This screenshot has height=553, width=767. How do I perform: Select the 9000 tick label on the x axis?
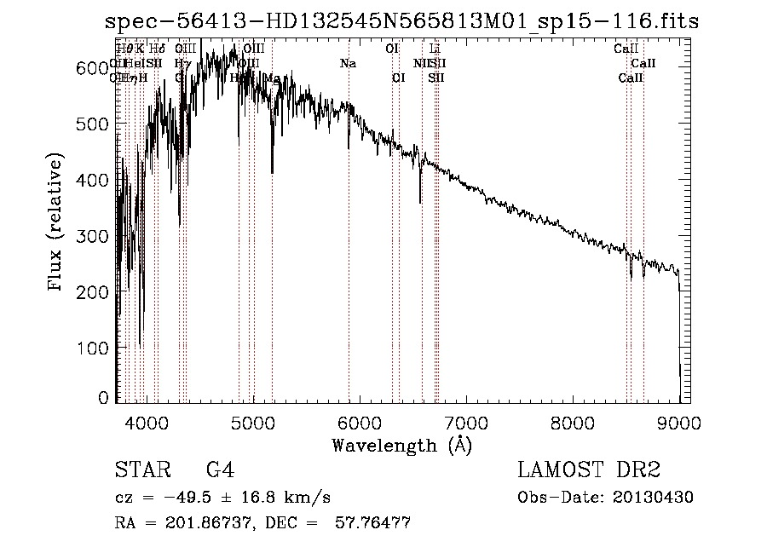click(x=679, y=422)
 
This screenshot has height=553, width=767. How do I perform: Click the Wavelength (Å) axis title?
click(x=401, y=445)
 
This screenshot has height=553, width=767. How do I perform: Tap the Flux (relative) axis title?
click(x=57, y=223)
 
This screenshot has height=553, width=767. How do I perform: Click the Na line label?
click(x=348, y=64)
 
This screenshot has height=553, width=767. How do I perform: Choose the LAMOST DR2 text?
click(x=589, y=470)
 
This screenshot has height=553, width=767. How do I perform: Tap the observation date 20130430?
click(x=657, y=498)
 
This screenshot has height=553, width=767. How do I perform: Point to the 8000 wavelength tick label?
click(x=573, y=422)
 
